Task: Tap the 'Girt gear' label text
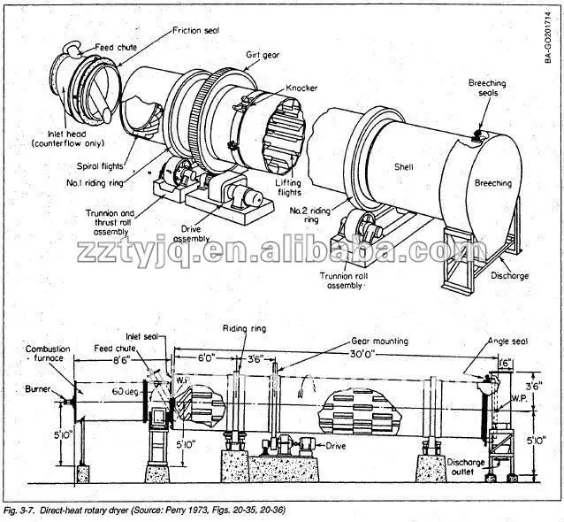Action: (x=263, y=55)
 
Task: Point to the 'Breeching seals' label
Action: (x=487, y=89)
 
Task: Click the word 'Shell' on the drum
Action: (x=408, y=166)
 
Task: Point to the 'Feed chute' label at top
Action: (x=98, y=42)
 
